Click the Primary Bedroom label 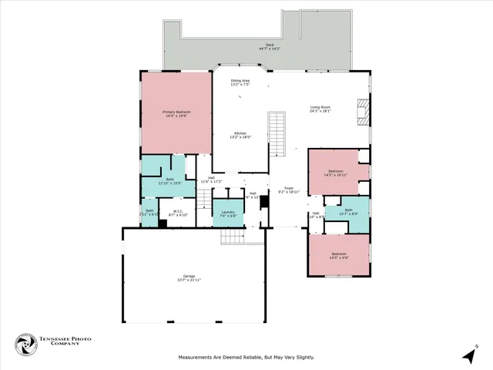click(x=176, y=113)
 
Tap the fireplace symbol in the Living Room click(x=362, y=111)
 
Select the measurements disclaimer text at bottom click(x=246, y=357)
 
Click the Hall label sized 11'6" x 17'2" click(x=211, y=180)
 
